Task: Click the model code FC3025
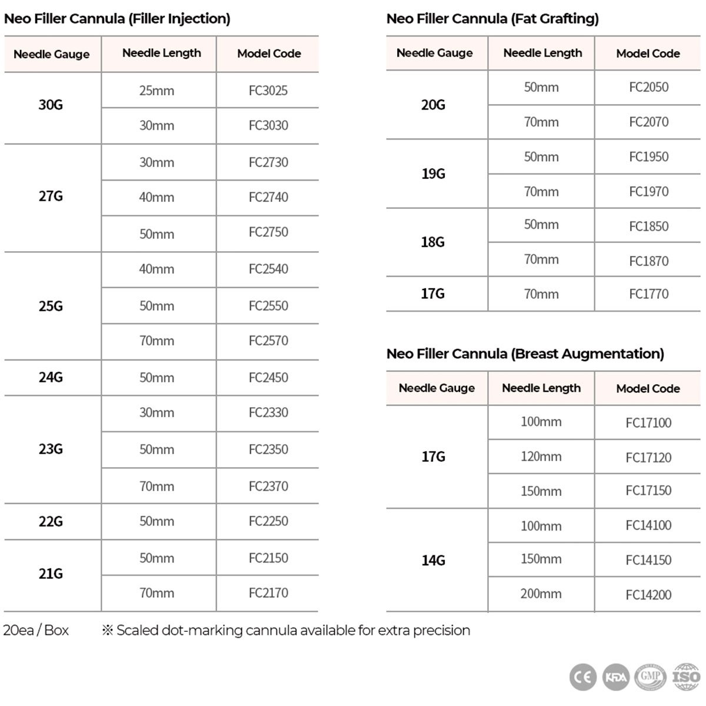point(268,91)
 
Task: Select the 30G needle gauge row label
point(51,105)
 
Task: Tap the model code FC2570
point(268,341)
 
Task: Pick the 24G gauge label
point(51,377)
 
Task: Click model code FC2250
point(268,521)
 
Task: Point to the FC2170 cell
point(268,593)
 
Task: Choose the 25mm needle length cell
point(156,91)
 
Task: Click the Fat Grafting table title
point(492,19)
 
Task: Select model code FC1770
point(648,294)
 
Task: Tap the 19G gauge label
point(433,174)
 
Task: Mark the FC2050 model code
point(648,87)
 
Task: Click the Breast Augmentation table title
point(525,354)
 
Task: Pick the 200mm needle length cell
point(541,594)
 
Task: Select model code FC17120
point(648,457)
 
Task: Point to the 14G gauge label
point(433,560)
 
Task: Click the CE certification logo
point(582,677)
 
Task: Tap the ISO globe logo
point(686,677)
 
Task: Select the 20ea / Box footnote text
point(36,630)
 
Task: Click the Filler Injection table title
point(117,19)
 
